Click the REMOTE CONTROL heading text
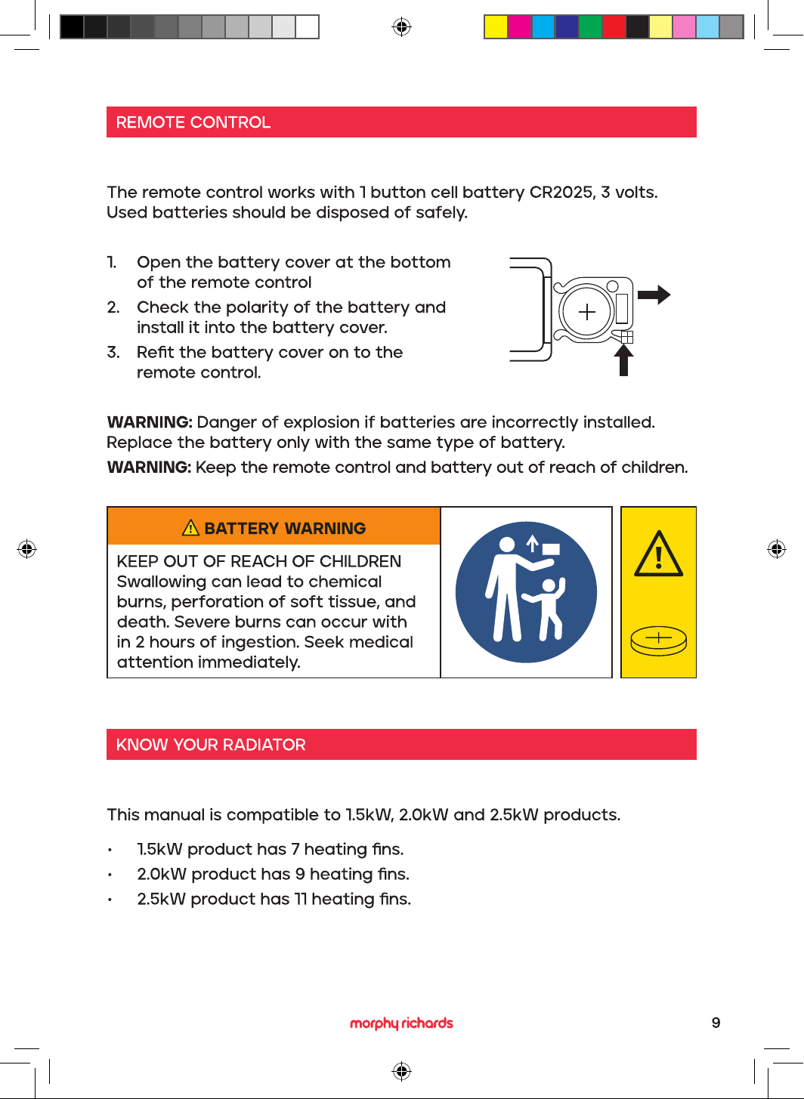(193, 122)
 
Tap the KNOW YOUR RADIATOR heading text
(211, 744)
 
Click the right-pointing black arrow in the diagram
(654, 295)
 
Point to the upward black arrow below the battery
(623, 360)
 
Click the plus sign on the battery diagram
(586, 312)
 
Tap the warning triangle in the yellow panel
(658, 554)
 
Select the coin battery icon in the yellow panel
(658, 641)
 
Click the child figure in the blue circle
(546, 608)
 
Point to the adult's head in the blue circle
(506, 545)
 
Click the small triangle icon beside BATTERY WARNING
(190, 528)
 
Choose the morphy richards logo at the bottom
(401, 1023)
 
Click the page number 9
(716, 1023)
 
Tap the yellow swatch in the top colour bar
(496, 26)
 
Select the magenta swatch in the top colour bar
(519, 26)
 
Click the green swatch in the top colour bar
(590, 26)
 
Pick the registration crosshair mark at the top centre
(401, 26)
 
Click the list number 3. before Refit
(113, 352)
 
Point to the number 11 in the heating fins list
(301, 899)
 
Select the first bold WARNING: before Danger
(150, 422)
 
